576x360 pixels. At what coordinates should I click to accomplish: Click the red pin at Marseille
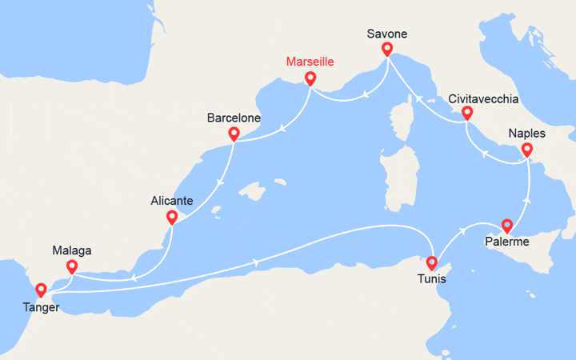[310, 78]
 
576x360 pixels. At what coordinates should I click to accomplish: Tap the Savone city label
[387, 34]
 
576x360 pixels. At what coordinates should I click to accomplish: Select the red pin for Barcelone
[234, 134]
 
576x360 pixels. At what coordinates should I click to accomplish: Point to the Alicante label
[171, 202]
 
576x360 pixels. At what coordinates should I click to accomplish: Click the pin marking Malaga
[71, 266]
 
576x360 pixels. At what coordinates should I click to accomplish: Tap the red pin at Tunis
[432, 262]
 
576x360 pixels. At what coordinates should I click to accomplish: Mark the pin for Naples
[526, 149]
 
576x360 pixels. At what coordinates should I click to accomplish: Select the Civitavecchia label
[483, 99]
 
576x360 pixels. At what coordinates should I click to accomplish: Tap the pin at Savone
[387, 49]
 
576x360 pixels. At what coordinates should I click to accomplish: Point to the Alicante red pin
[171, 217]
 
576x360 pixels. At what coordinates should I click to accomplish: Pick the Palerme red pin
[506, 225]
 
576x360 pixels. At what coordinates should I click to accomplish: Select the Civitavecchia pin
[467, 114]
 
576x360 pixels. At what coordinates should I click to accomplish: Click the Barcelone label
[234, 118]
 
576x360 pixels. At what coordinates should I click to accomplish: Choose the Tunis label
[432, 280]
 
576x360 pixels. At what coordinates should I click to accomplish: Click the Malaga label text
[71, 250]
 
